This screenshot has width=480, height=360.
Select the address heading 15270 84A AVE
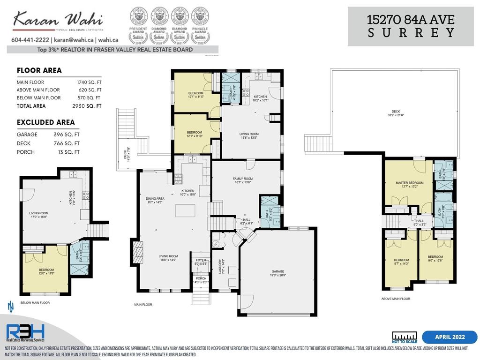411,20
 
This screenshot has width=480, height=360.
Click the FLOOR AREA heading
39,71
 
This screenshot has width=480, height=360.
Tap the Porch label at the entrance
200,280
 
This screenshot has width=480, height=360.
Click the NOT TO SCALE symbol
404,337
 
